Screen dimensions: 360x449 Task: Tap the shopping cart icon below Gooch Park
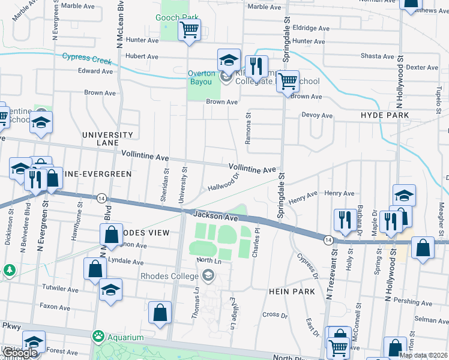(190, 29)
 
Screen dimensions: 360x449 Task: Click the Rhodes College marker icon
(208, 276)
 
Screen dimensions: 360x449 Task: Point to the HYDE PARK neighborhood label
(385, 115)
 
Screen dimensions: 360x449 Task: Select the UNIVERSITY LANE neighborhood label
(107, 139)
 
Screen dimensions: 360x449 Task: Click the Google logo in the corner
(20, 353)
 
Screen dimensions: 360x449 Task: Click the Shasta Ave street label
(377, 56)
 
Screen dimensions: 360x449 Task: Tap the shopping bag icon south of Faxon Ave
(160, 313)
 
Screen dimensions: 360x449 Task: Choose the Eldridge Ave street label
(311, 28)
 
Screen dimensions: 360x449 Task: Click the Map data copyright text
(423, 355)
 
